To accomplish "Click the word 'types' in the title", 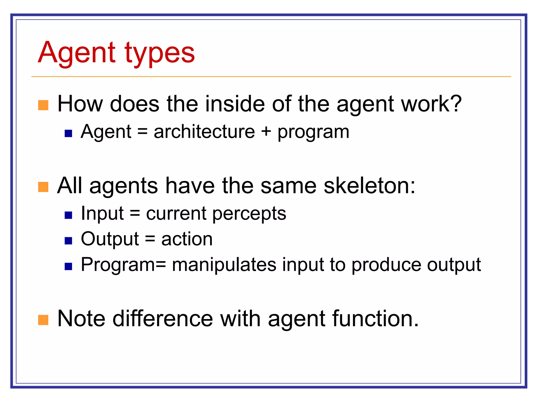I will click(x=159, y=54).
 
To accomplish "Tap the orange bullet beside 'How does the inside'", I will click(x=43, y=105).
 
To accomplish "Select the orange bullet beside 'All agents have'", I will click(x=43, y=187).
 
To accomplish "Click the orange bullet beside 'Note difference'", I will click(x=43, y=320).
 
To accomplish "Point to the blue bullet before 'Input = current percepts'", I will click(x=68, y=215).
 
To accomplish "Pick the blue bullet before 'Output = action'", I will click(x=68, y=241).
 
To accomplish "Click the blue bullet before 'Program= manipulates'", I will click(x=68, y=266).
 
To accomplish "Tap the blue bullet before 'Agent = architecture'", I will click(x=68, y=134).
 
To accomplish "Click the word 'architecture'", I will click(x=204, y=131).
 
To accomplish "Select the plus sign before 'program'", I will click(x=266, y=131).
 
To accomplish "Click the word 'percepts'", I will click(x=249, y=214).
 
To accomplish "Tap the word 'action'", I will click(x=187, y=239).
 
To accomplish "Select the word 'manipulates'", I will click(x=224, y=264).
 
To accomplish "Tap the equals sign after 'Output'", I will click(x=150, y=239).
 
